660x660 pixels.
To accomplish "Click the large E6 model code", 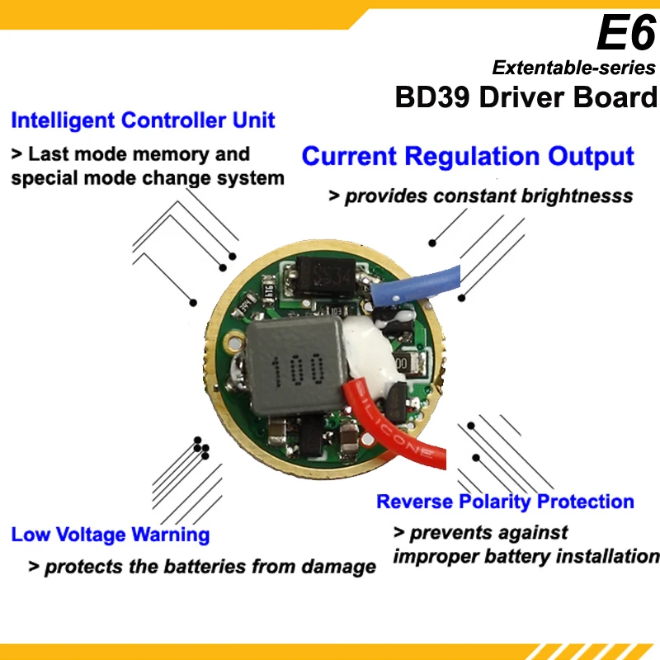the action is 627,32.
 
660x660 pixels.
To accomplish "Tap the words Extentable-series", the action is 573,68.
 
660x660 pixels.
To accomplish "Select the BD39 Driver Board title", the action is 526,97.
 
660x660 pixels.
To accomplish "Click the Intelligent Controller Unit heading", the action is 143,120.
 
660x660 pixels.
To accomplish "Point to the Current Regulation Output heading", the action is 468,156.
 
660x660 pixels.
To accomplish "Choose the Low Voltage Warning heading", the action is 111,535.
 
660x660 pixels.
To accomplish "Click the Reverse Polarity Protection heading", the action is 505,502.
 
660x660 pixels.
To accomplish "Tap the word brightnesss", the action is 577,196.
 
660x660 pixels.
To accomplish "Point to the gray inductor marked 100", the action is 297,366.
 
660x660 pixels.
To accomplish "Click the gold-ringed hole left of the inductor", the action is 235,341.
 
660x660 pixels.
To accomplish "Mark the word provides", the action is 386,196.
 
